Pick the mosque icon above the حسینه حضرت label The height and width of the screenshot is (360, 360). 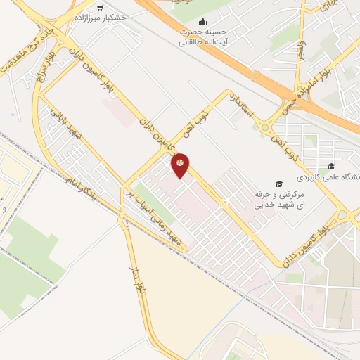(203, 22)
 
